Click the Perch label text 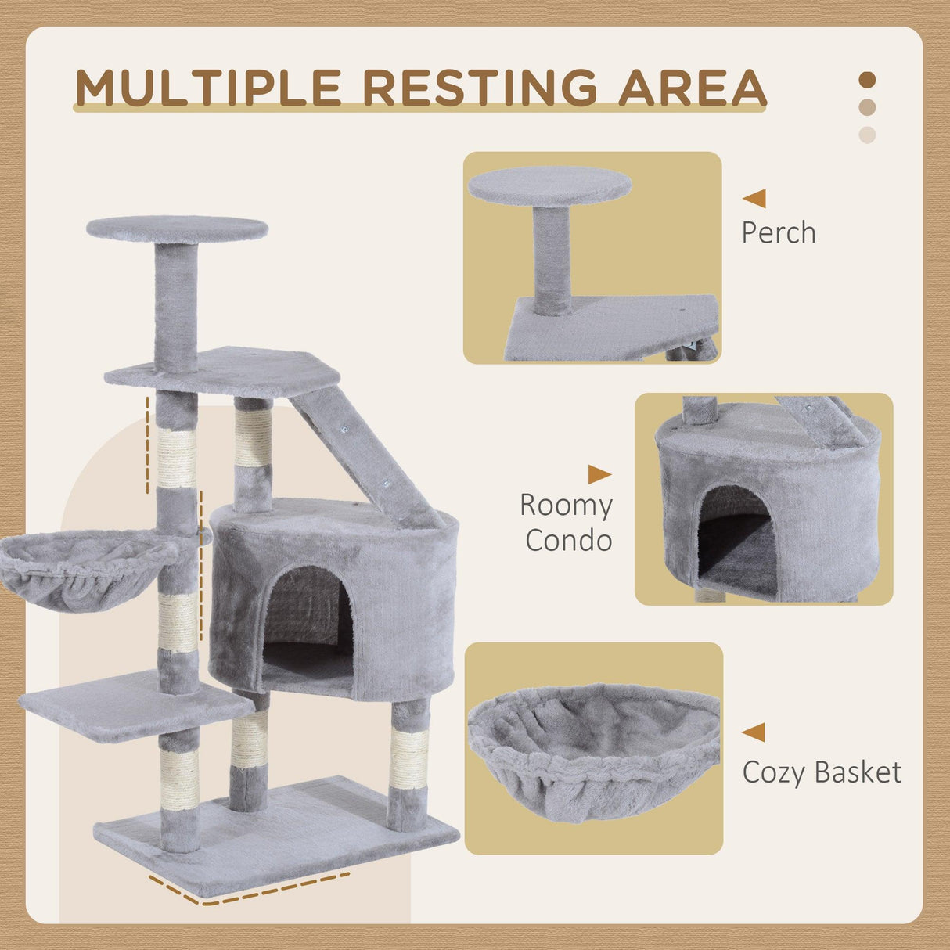click(x=779, y=232)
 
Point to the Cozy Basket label click(x=822, y=772)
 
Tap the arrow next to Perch click(x=755, y=198)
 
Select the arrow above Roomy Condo click(x=599, y=474)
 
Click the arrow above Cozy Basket click(x=754, y=732)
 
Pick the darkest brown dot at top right click(x=867, y=80)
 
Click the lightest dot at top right click(x=867, y=135)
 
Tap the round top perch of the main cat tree click(x=177, y=229)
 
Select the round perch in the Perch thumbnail click(x=549, y=185)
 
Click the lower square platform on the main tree click(x=133, y=704)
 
